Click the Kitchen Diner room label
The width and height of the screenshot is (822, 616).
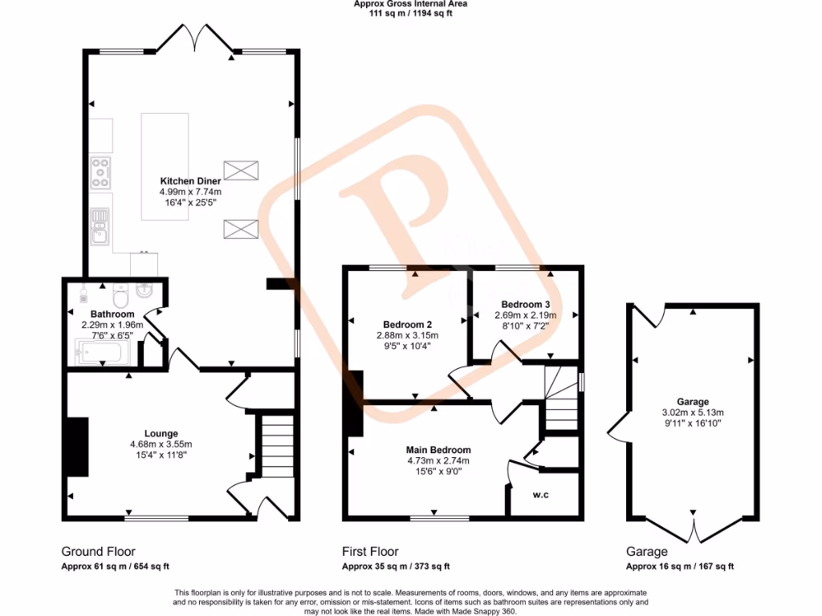(x=190, y=181)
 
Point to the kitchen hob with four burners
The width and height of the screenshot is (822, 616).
(x=101, y=172)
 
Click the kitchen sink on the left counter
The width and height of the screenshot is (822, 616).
(x=100, y=225)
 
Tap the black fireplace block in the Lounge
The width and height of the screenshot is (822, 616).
(x=78, y=448)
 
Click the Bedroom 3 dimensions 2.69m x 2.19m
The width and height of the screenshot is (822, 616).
(x=525, y=315)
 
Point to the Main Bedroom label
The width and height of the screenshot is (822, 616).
(x=438, y=450)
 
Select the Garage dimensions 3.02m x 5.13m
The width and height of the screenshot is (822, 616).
(x=693, y=412)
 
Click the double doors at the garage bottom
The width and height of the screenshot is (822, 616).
(x=693, y=529)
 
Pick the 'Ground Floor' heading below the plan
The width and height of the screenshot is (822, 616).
(x=98, y=552)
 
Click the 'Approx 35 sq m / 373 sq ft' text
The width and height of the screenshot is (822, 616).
(x=396, y=566)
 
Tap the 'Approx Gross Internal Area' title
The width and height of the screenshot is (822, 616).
(x=410, y=4)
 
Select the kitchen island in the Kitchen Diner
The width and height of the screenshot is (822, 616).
(x=165, y=167)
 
